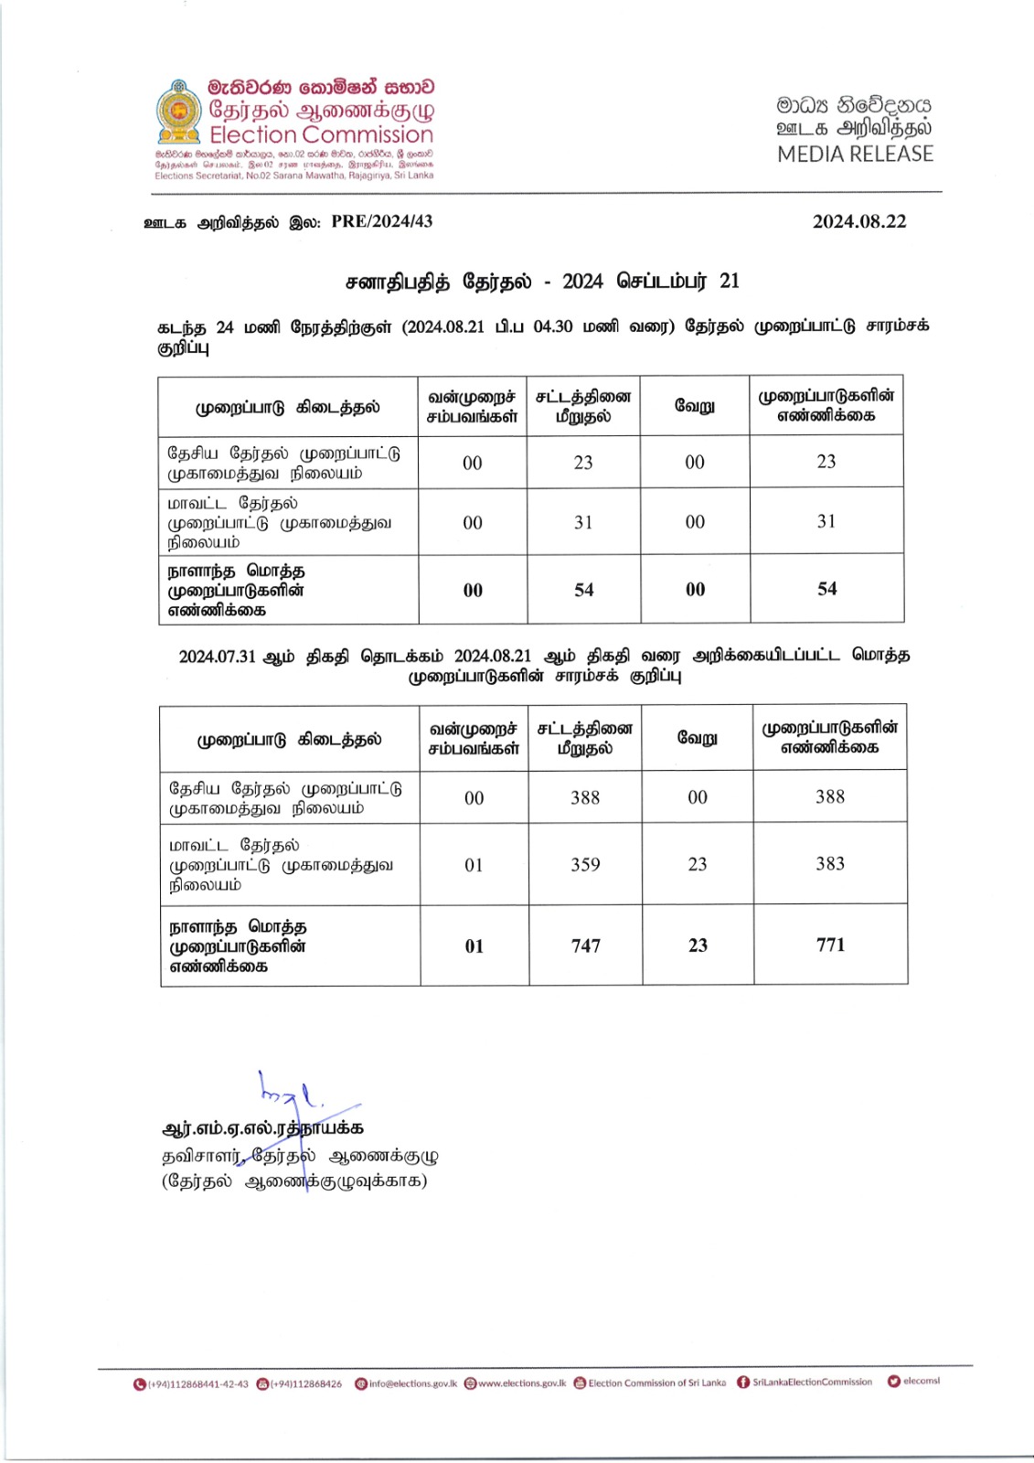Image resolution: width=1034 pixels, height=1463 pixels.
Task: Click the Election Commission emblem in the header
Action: click(x=179, y=112)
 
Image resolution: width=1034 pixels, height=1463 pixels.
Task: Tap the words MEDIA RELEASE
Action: click(x=855, y=154)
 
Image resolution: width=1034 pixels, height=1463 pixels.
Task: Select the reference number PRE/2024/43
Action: click(x=381, y=221)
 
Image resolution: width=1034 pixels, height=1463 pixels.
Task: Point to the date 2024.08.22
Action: click(x=859, y=221)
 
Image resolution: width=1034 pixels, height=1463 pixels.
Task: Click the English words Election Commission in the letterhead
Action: click(x=321, y=135)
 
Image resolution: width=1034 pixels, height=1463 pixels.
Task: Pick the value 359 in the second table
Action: click(x=585, y=864)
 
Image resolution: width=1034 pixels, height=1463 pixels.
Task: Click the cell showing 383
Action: click(x=830, y=863)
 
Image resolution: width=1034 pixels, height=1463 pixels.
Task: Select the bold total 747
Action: click(x=585, y=945)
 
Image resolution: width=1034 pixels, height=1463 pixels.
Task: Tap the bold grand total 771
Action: click(x=830, y=945)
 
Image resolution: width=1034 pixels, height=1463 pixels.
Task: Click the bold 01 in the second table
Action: click(x=474, y=945)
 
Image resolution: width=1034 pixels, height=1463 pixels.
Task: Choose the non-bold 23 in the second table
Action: click(x=698, y=864)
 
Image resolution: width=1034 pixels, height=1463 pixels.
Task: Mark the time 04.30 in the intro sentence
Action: click(x=552, y=326)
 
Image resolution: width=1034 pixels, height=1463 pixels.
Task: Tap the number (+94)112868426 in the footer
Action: click(x=305, y=1383)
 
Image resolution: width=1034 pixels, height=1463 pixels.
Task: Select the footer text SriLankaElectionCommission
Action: click(x=812, y=1382)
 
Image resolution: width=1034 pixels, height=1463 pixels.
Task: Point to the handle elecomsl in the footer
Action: click(x=921, y=1381)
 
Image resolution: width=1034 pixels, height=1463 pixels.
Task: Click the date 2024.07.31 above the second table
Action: click(x=218, y=656)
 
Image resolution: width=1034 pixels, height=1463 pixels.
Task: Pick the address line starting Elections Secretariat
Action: click(x=293, y=176)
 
